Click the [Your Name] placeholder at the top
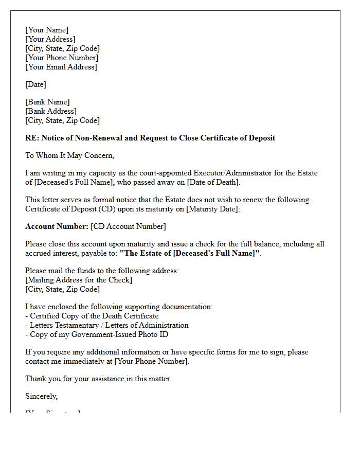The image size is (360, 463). point(47,30)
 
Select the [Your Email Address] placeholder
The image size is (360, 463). point(61,67)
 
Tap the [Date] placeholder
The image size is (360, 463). point(35,84)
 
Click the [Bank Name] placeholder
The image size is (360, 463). point(47,102)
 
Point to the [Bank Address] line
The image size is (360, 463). point(51,111)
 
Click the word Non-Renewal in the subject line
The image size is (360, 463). point(87,138)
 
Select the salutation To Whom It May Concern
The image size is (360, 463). point(70,155)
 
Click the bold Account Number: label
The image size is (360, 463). point(57,226)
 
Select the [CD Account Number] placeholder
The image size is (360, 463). point(128,226)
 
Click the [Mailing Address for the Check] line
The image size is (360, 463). point(79,280)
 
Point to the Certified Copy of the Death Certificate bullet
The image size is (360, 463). point(94,316)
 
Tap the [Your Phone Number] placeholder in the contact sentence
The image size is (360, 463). point(151,361)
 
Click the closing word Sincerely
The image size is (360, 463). point(41,396)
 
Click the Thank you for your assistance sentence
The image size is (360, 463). point(98,379)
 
